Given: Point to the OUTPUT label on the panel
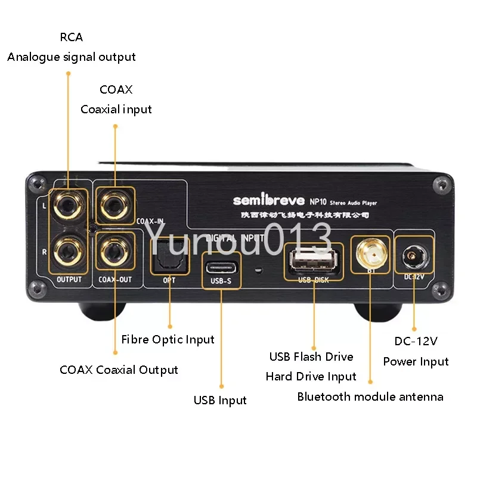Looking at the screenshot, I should [69, 279].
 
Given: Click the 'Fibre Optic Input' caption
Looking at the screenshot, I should [168, 339].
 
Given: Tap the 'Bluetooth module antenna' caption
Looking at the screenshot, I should [370, 397].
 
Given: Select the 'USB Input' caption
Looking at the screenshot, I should [220, 400].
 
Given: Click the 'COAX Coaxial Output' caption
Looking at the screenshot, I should [119, 370].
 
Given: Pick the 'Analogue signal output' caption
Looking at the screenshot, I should [72, 57].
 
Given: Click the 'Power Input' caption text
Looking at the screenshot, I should [416, 361].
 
